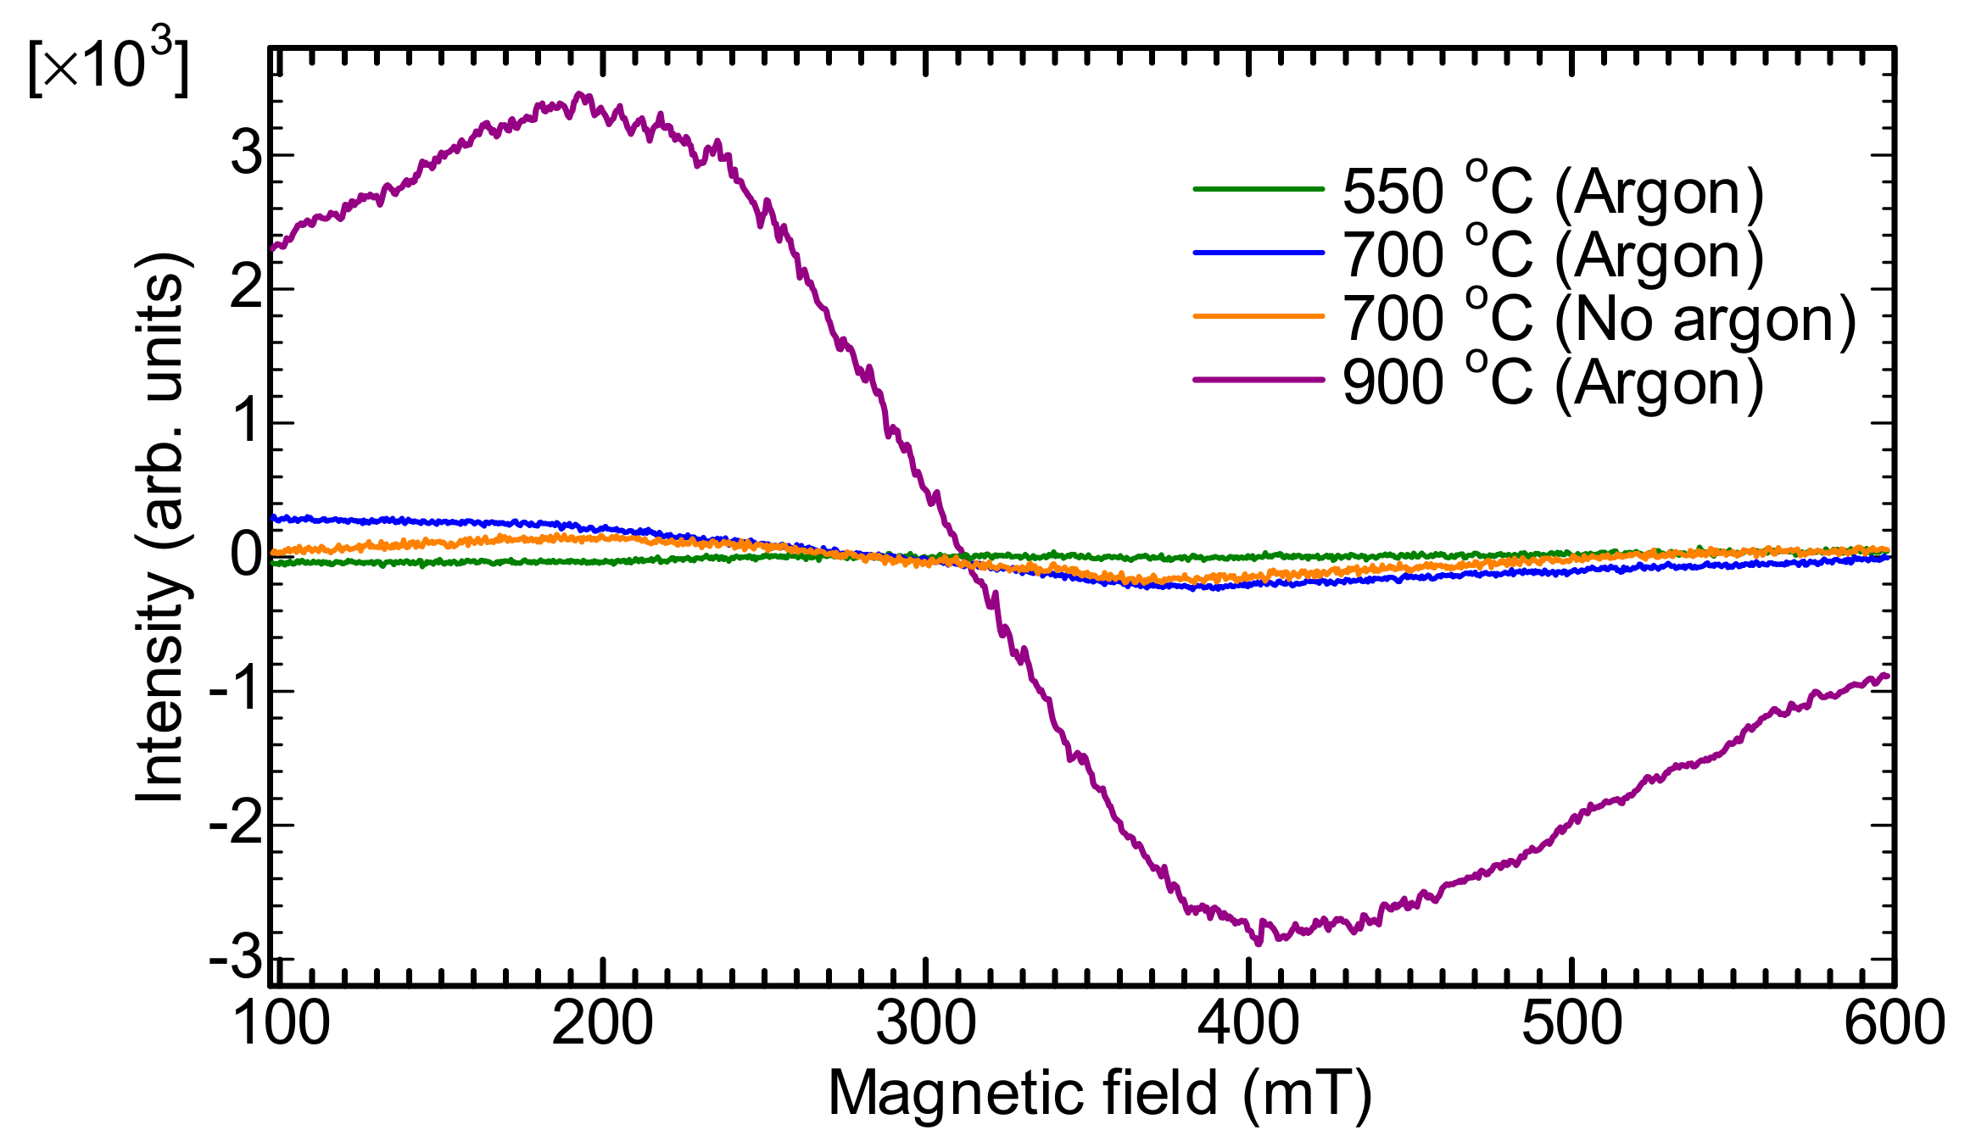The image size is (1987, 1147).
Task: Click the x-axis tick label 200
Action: point(602,1023)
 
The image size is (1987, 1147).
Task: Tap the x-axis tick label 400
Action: point(1247,1023)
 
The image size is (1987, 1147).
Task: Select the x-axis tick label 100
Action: point(280,1023)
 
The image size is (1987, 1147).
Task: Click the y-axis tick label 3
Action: point(248,154)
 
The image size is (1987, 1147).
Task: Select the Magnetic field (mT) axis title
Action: point(1100,1094)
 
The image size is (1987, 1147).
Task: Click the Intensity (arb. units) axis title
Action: point(161,526)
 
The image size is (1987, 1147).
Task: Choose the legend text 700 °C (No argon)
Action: point(1599,319)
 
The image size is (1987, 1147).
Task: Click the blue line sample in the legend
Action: point(1259,253)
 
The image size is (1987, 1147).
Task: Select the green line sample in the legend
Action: point(1259,189)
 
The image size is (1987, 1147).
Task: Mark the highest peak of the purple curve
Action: point(581,95)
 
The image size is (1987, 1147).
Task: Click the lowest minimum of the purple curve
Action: point(1258,941)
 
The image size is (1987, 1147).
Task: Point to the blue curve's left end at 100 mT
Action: point(273,517)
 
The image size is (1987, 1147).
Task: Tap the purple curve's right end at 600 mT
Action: point(1887,676)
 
